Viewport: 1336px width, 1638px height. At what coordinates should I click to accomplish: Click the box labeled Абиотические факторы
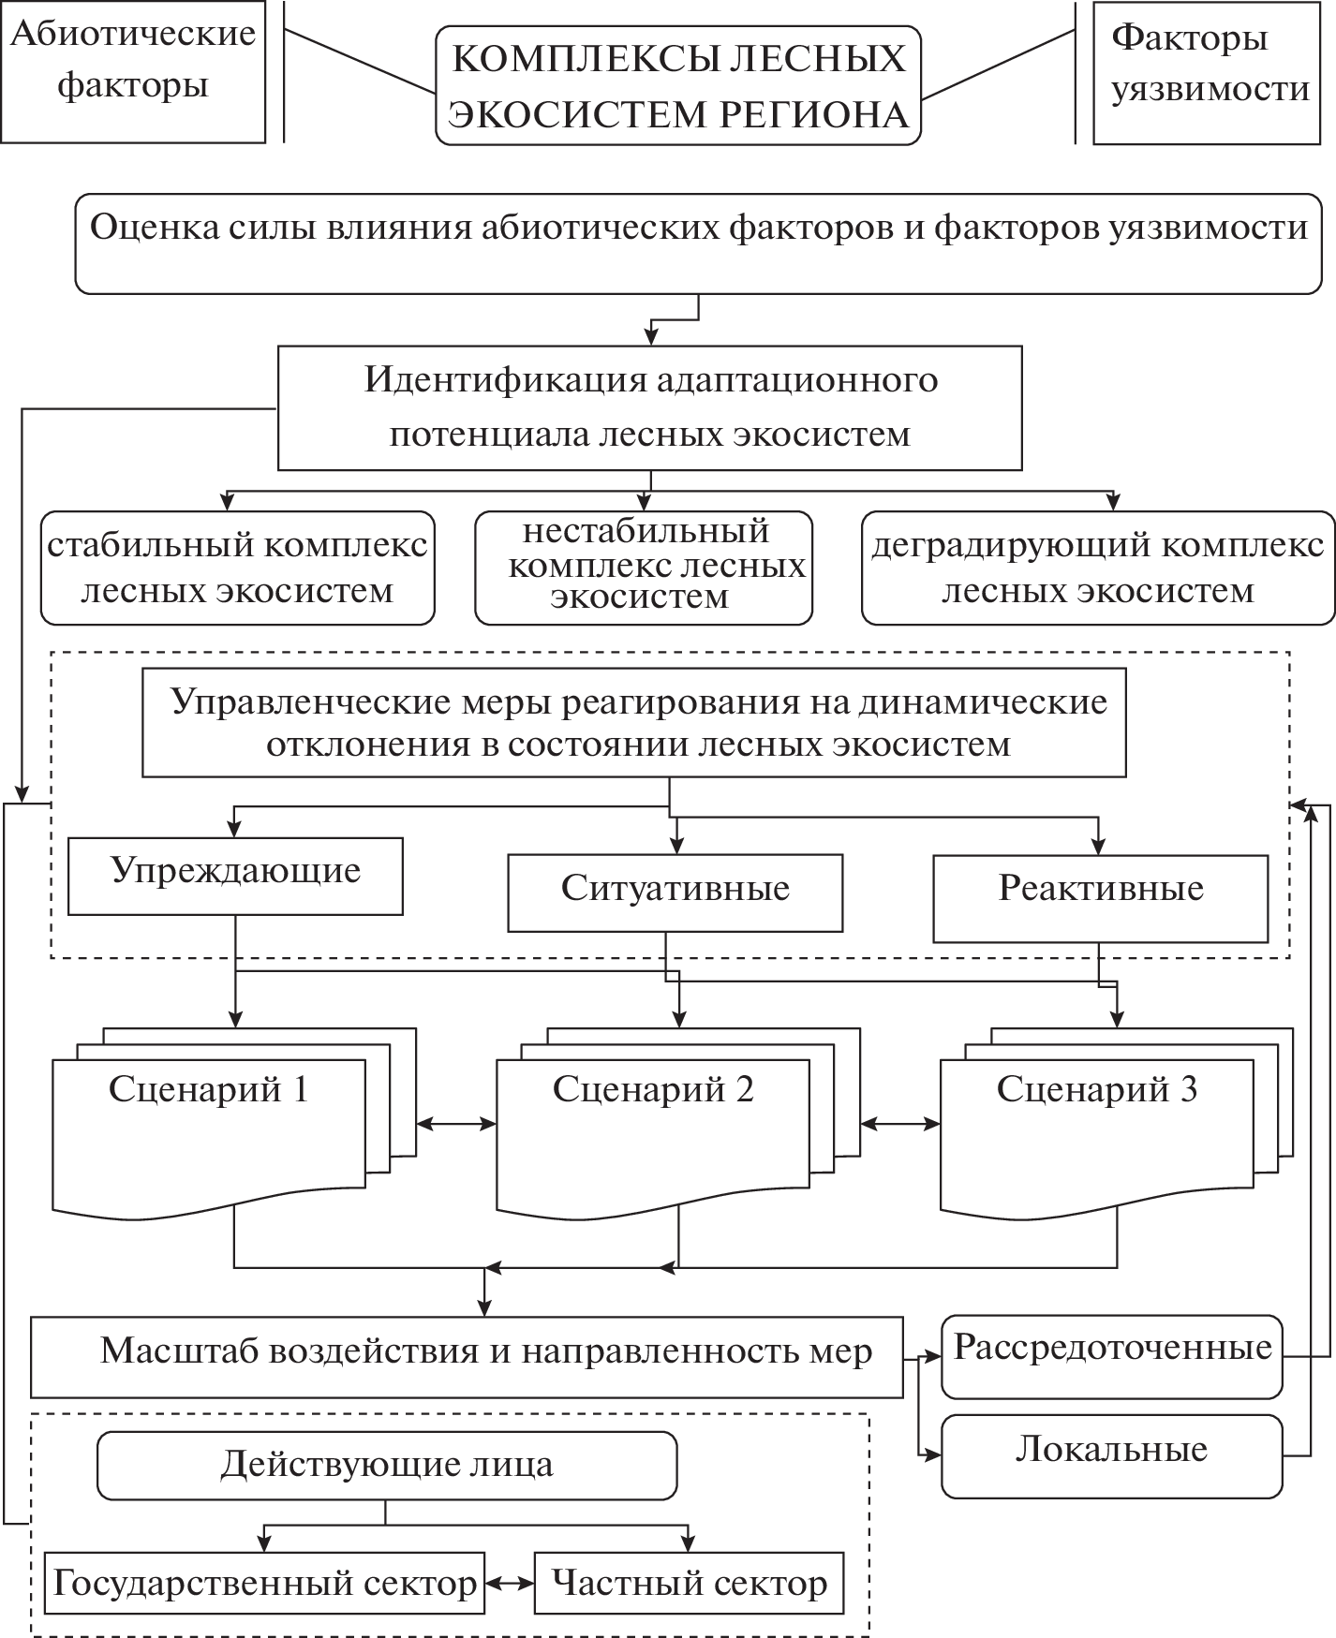pos(132,71)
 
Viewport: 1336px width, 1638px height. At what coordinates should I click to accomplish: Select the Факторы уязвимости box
pos(1207,73)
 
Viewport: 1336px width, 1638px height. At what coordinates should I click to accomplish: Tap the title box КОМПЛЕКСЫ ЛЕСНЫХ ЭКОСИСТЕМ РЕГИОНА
pos(678,86)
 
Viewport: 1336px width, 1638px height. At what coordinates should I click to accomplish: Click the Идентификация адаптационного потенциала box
pos(649,407)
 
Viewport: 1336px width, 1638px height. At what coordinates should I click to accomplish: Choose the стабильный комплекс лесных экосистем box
pos(237,568)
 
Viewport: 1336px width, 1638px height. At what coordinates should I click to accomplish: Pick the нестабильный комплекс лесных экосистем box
pos(643,568)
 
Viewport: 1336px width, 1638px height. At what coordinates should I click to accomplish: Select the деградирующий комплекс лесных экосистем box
pos(1097,568)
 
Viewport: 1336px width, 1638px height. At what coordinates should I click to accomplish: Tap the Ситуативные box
pos(675,892)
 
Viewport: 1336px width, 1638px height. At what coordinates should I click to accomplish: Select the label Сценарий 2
pos(653,1089)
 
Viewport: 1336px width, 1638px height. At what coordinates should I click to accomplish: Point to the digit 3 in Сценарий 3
pos(1188,1089)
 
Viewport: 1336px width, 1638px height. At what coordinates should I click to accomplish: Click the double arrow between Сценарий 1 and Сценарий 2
pos(456,1124)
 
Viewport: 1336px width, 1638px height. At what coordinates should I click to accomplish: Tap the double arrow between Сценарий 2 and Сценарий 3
pos(900,1124)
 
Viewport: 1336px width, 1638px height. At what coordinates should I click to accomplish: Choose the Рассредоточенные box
pos(1111,1355)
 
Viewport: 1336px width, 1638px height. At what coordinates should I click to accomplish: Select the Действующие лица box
pos(387,1466)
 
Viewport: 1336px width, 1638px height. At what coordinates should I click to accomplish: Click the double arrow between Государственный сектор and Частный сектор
pos(509,1583)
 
